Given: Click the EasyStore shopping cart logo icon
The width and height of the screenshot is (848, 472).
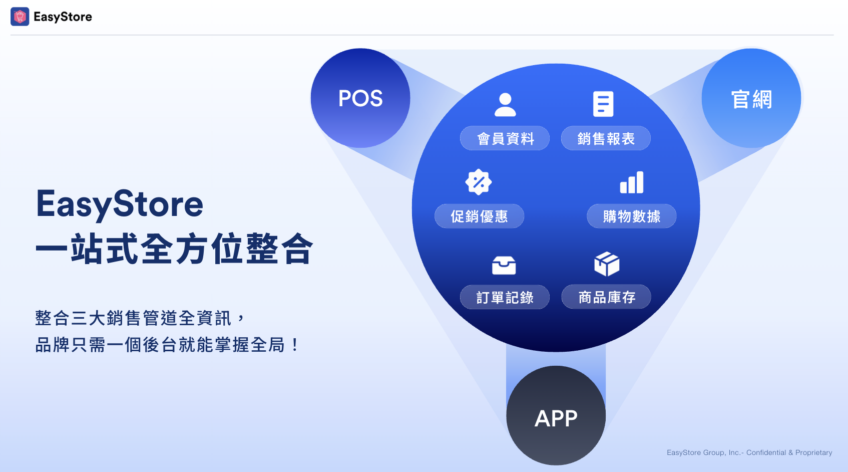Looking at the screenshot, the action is tap(20, 17).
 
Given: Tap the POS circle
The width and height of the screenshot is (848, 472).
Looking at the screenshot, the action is tap(360, 98).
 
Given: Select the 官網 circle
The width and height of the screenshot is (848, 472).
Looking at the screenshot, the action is tap(751, 98).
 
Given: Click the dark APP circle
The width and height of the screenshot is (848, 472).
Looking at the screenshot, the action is tap(556, 415).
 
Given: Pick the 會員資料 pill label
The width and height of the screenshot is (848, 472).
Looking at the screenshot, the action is tap(505, 138).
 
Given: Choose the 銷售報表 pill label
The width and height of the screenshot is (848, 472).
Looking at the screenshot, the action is tap(606, 138).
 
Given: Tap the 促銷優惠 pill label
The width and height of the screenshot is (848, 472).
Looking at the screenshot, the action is tap(479, 216).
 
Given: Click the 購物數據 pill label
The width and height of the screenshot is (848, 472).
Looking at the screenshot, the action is tap(631, 216).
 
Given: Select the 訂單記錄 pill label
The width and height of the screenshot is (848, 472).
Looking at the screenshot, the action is tap(505, 297).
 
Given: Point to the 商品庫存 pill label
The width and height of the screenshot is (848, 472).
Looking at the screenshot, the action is tap(606, 297).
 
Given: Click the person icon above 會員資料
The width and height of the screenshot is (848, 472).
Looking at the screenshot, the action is tap(506, 105).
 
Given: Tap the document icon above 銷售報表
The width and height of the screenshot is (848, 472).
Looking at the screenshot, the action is tap(603, 104).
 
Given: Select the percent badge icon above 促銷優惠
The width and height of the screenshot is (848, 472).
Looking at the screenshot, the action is tap(479, 182).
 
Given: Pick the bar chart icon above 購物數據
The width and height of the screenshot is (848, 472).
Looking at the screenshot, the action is tap(631, 182).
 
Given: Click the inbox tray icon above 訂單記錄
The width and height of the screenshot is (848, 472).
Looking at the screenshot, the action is tap(504, 265).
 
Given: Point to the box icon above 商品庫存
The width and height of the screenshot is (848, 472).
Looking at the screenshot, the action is tap(607, 264).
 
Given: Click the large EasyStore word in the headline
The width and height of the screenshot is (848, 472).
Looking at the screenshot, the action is tap(120, 205).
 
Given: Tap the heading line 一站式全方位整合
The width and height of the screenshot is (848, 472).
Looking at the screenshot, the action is tap(174, 249).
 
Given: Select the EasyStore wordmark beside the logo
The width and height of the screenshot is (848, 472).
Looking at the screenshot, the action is tap(63, 17).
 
